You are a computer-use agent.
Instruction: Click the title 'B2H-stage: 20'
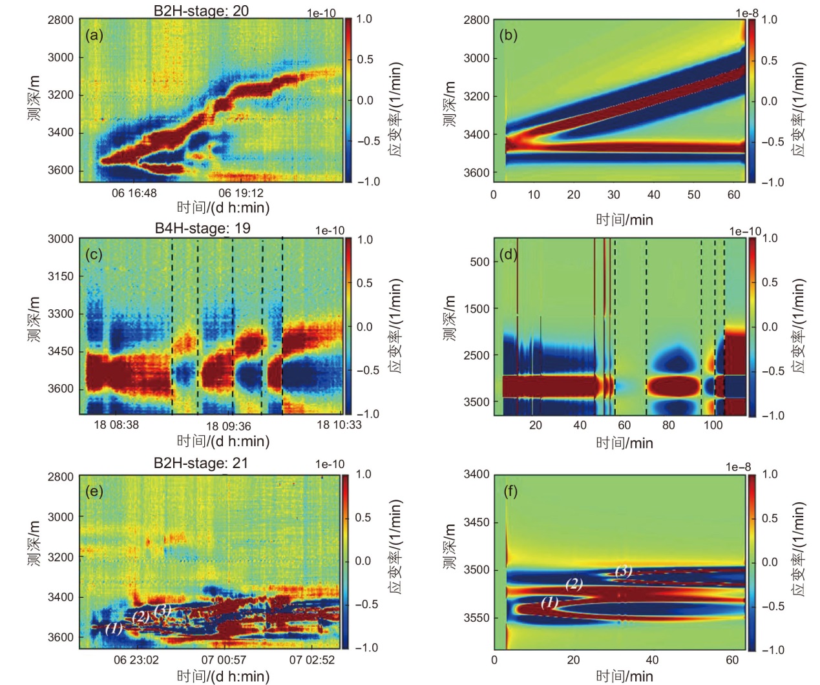[201, 10]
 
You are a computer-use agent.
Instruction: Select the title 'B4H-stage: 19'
[202, 228]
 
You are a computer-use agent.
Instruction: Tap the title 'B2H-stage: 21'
[200, 463]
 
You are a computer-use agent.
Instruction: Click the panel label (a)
[94, 36]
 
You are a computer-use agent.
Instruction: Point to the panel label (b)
[509, 35]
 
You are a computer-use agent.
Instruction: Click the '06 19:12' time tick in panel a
[240, 193]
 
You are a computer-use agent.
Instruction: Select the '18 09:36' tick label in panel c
[228, 426]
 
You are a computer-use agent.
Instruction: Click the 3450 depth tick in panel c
[61, 351]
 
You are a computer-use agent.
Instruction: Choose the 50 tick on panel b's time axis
[693, 195]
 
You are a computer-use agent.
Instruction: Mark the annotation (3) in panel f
[623, 571]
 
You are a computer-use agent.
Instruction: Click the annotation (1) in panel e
[114, 628]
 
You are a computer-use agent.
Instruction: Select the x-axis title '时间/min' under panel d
[624, 443]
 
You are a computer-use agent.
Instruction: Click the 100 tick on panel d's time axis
[713, 425]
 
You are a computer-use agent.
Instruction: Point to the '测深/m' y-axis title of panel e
[34, 544]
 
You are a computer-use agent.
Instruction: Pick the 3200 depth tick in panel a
[61, 95]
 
